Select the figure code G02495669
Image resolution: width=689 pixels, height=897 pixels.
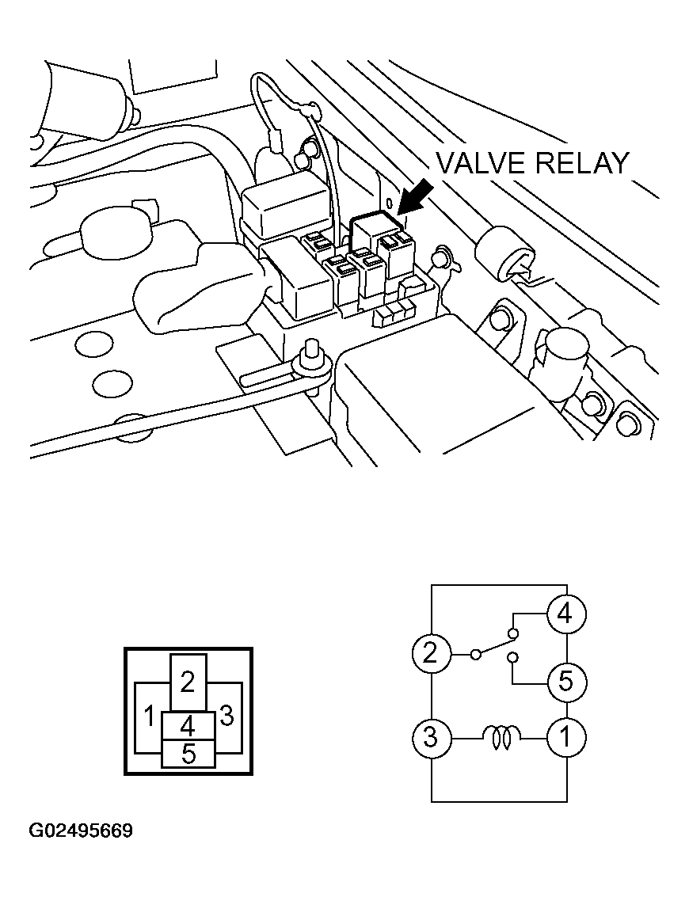(81, 830)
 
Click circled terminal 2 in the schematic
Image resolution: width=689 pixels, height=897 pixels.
(430, 652)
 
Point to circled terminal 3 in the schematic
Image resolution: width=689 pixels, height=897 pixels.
(430, 737)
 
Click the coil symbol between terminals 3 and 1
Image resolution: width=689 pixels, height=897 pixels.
(502, 737)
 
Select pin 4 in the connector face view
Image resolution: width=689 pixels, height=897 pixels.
(188, 726)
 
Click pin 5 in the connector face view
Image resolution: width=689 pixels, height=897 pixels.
(188, 754)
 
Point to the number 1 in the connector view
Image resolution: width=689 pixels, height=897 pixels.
(150, 716)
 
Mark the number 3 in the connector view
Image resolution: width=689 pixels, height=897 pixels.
(226, 716)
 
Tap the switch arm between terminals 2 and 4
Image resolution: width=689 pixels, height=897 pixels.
(494, 644)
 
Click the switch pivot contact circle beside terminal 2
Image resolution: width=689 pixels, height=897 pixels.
(475, 654)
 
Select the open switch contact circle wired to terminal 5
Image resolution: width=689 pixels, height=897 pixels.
(513, 656)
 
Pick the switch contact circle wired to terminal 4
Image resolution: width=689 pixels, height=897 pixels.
(513, 633)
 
